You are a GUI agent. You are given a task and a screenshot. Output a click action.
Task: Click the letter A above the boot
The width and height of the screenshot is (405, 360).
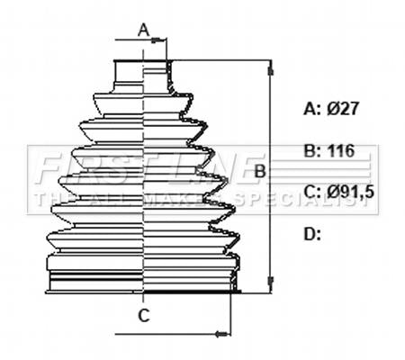pyautogui.click(x=144, y=31)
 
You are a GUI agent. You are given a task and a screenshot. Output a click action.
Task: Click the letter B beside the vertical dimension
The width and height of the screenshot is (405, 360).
pyautogui.click(x=260, y=172)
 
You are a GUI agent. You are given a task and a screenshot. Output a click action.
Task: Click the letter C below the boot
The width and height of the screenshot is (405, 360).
pyautogui.click(x=144, y=315)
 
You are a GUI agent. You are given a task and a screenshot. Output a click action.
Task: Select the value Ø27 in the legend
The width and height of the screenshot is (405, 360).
pyautogui.click(x=342, y=108)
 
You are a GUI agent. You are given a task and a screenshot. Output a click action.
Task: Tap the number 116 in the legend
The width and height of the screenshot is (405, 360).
pyautogui.click(x=341, y=150)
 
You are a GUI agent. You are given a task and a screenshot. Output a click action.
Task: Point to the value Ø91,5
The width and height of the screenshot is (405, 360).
pyautogui.click(x=350, y=192)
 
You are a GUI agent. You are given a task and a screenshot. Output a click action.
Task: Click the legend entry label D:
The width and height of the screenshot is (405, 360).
pyautogui.click(x=312, y=234)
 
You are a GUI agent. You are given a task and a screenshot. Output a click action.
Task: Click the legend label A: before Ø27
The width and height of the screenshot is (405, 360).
pyautogui.click(x=312, y=109)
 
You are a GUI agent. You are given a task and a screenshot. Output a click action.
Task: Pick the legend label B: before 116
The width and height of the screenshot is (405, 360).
pyautogui.click(x=312, y=150)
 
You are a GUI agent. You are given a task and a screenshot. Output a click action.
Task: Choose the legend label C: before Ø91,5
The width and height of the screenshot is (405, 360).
pyautogui.click(x=312, y=192)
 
